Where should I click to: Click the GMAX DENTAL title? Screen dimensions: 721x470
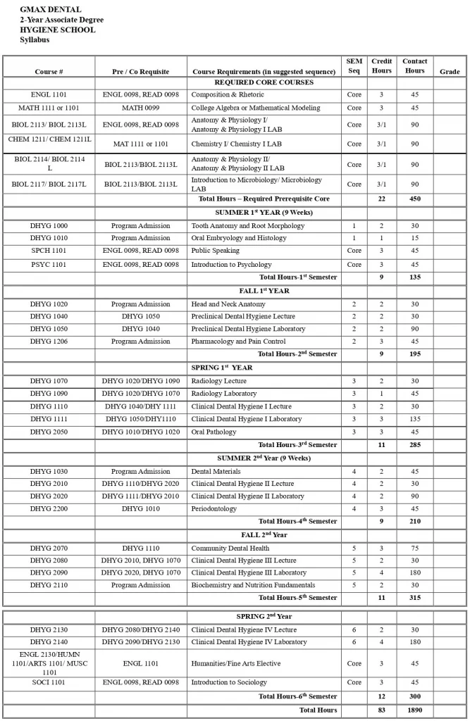[51, 10]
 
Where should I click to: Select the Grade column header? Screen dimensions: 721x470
[450, 72]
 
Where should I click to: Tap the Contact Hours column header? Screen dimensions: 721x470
[414, 66]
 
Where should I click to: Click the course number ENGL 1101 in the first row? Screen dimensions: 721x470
[49, 94]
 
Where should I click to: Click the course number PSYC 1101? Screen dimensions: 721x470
[49, 265]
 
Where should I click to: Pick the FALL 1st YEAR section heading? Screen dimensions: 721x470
[264, 291]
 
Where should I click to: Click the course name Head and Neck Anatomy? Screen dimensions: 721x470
[228, 304]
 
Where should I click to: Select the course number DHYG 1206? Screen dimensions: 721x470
[49, 341]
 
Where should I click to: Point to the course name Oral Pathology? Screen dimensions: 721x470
[214, 432]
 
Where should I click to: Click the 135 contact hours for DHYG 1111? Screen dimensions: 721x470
[414, 419]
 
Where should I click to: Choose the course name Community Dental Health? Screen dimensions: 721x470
[230, 548]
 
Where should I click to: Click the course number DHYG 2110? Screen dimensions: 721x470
[49, 585]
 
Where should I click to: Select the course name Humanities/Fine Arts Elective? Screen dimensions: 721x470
[236, 663]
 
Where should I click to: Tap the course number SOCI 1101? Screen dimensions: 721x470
[49, 682]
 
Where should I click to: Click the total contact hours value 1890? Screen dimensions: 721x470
[414, 710]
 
